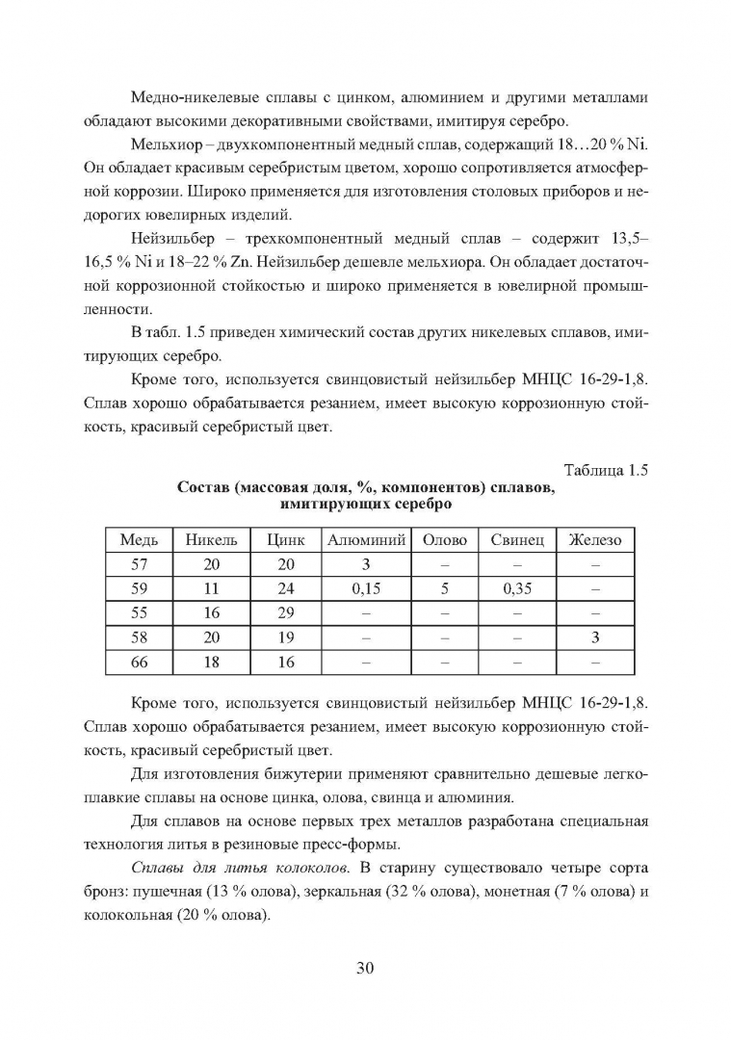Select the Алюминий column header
pyautogui.click(x=367, y=540)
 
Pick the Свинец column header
pyautogui.click(x=517, y=540)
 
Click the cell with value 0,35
pyautogui.click(x=517, y=589)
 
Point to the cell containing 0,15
pyautogui.click(x=367, y=589)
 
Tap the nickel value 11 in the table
pyautogui.click(x=211, y=589)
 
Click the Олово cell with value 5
pyautogui.click(x=445, y=589)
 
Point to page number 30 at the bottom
pyautogui.click(x=365, y=969)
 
